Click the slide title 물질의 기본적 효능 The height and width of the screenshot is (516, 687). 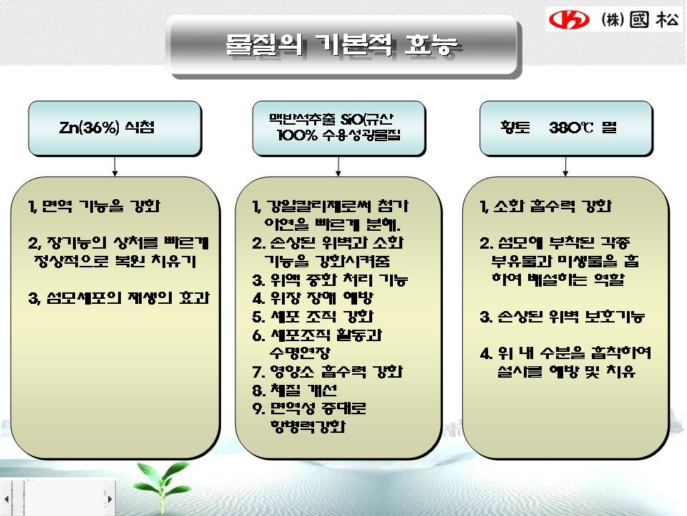coord(341,44)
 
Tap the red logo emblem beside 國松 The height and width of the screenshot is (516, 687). coord(569,19)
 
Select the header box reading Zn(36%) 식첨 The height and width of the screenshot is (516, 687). coord(114,128)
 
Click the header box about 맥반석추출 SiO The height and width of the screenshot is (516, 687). coord(338,128)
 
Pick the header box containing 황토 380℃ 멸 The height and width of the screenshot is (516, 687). coord(566,128)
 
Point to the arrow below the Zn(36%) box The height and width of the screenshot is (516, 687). coord(114,166)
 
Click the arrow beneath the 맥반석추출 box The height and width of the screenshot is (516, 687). coord(338,166)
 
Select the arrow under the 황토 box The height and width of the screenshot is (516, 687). coord(565,166)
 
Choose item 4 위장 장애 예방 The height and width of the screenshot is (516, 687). coord(313,298)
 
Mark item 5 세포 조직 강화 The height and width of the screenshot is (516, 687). coord(313,316)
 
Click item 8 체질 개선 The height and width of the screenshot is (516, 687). coord(295,390)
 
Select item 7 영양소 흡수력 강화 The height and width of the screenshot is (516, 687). coord(327,372)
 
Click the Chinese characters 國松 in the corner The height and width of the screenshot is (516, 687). coord(655,19)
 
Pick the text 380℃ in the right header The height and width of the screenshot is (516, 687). coord(571,128)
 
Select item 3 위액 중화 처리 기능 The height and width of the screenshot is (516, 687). coord(331,279)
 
